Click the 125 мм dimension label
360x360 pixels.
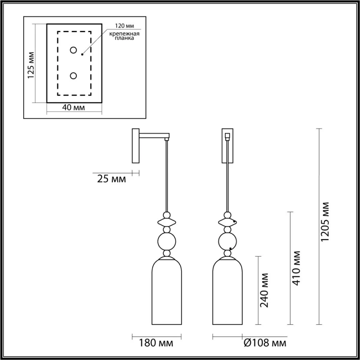[x=31, y=65]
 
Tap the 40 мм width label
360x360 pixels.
[x=73, y=107]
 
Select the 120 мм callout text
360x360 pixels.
[x=125, y=26]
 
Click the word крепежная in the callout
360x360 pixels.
[x=124, y=34]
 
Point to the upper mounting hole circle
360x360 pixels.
[x=73, y=50]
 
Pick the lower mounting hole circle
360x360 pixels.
[x=73, y=76]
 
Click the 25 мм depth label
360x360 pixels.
[x=112, y=179]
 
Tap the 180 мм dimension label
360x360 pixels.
[x=156, y=343]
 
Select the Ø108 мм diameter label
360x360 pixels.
[x=265, y=343]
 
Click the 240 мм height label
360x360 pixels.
[x=264, y=290]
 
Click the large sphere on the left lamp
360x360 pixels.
[x=167, y=242]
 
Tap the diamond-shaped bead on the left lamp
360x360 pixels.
[x=167, y=222]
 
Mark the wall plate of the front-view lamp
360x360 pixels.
[x=228, y=146]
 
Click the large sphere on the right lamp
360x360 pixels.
[x=228, y=242]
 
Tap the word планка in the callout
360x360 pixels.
[x=124, y=39]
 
